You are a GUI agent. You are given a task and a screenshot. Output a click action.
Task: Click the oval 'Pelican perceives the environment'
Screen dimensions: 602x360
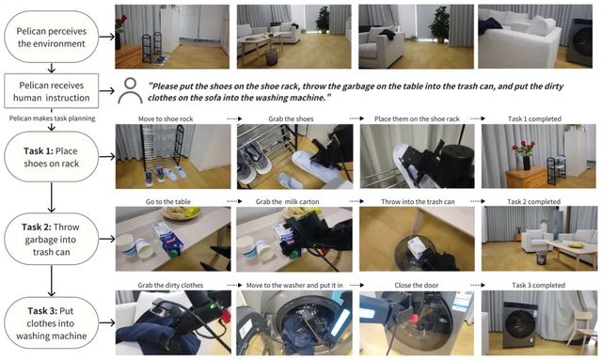(52, 37)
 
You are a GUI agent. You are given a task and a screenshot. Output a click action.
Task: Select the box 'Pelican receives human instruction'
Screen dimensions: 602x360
(52, 91)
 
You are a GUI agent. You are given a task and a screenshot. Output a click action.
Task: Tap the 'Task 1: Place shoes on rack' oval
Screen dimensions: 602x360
(52, 157)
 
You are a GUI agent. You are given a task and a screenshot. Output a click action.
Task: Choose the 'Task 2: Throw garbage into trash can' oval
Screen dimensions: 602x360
(52, 239)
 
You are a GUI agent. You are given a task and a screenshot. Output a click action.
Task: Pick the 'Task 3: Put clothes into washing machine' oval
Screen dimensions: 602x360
(52, 322)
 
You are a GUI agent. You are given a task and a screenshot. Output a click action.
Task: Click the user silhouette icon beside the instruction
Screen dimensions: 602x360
(130, 91)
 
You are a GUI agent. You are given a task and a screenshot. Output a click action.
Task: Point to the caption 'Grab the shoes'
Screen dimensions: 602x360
(291, 119)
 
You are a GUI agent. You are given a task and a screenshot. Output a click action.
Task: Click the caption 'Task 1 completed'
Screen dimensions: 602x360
(534, 119)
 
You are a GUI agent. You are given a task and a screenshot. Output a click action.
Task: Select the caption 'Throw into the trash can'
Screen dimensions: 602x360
(418, 202)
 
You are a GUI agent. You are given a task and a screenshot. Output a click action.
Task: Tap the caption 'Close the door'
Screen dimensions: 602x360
(417, 286)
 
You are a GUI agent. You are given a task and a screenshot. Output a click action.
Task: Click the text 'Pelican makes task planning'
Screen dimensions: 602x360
(53, 118)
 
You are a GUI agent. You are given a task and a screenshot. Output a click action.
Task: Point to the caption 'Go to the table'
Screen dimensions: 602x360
(168, 202)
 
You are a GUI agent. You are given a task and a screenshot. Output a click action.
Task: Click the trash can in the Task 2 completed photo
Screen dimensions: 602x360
(541, 258)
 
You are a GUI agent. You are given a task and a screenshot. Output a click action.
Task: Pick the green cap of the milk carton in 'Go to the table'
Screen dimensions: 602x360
(174, 253)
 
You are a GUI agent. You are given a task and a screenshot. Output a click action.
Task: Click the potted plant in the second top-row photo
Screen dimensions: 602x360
(323, 20)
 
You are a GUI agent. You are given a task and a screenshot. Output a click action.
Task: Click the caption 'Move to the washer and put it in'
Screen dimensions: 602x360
(294, 286)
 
